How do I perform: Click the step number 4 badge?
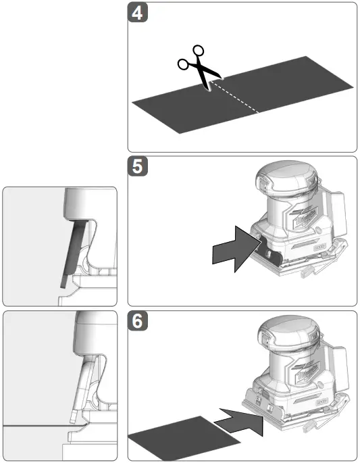point(138,14)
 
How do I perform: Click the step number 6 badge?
point(138,322)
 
